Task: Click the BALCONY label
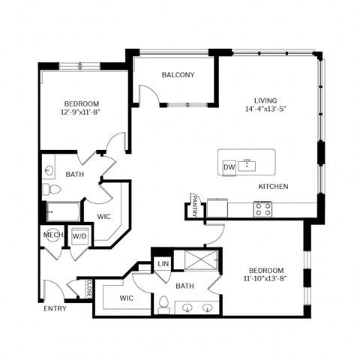[178, 75]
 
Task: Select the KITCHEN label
[274, 186]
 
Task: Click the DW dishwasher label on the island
[229, 166]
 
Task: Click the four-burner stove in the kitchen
[262, 208]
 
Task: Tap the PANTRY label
[194, 205]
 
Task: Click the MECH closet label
[52, 235]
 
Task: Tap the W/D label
[78, 235]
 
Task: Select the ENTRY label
[55, 308]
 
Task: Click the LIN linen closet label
[162, 263]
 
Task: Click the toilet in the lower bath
[163, 304]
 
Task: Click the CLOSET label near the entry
[89, 289]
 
